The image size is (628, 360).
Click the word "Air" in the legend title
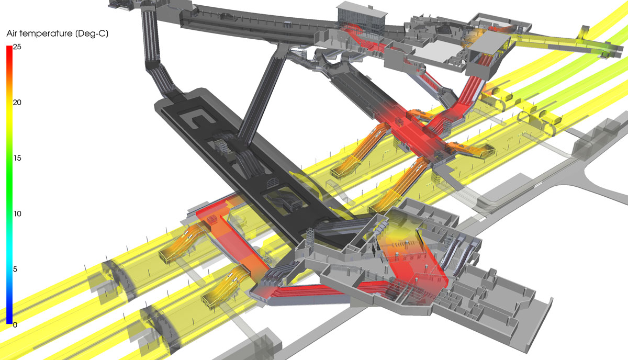tap(12, 33)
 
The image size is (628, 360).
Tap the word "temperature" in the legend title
tap(46, 33)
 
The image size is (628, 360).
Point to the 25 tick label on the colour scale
tap(17, 47)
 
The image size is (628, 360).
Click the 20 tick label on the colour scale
tap(17, 103)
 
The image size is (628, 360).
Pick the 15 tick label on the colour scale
tap(17, 158)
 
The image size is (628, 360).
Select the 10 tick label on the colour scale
tap(17, 214)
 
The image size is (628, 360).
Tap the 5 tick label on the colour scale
tap(15, 269)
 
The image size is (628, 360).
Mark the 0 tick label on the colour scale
tap(15, 325)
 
